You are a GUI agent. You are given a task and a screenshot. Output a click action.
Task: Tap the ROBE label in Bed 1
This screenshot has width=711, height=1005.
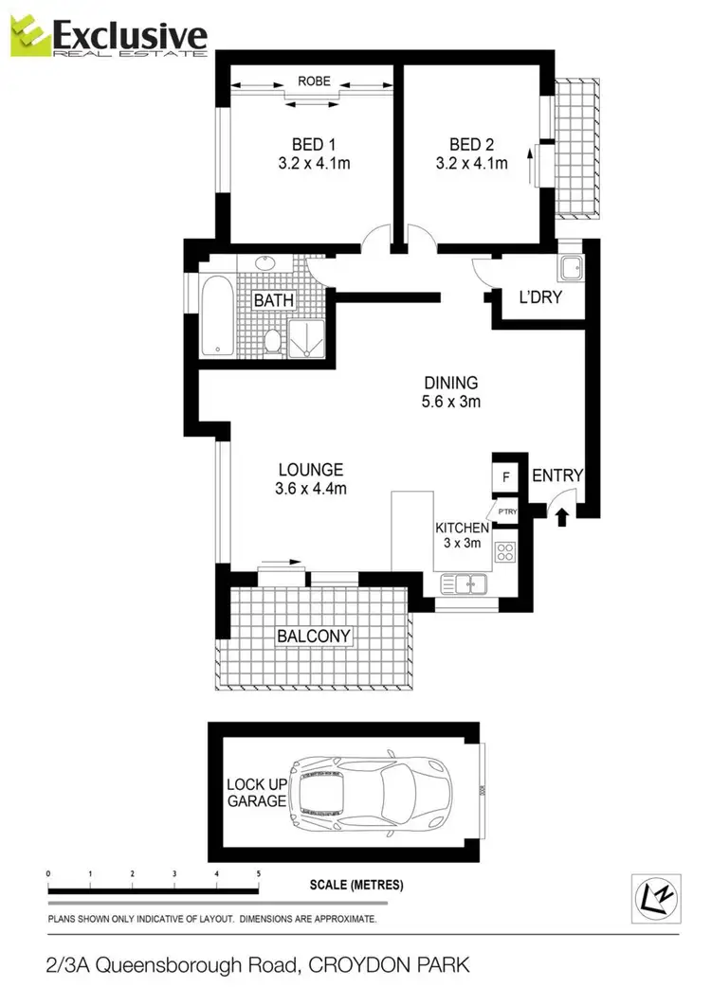click(x=314, y=81)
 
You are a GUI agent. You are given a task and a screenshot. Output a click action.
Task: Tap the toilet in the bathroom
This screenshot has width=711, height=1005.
click(x=273, y=340)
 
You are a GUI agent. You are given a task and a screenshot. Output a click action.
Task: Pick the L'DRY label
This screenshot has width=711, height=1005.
click(x=540, y=297)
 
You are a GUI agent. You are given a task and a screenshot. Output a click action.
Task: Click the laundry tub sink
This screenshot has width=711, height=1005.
click(x=571, y=269)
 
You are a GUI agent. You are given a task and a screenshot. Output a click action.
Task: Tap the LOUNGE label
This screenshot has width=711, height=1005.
click(x=310, y=470)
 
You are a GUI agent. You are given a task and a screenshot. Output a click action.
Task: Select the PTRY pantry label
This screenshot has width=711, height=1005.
click(x=507, y=512)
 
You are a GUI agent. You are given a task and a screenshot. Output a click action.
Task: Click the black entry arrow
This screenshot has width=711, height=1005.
click(x=561, y=516)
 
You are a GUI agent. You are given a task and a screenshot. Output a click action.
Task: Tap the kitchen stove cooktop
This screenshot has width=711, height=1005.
click(x=505, y=549)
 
